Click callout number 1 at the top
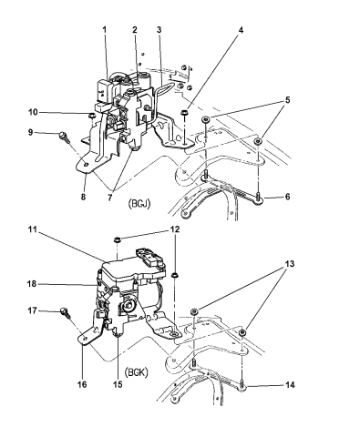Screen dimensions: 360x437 (x=104, y=30)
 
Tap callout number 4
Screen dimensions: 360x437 (x=241, y=30)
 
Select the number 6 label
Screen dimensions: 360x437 (x=287, y=197)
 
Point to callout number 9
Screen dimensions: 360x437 (x=30, y=132)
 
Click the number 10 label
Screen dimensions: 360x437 (x=33, y=112)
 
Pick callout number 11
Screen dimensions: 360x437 (x=33, y=229)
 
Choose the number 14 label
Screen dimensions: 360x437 (x=290, y=385)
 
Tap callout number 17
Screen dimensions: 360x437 (x=32, y=310)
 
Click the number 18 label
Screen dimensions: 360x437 (x=32, y=284)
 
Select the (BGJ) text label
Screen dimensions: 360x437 (x=138, y=204)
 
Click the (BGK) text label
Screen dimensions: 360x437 (x=137, y=372)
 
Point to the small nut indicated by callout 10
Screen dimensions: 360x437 (x=90, y=115)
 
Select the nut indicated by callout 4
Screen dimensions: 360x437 (x=183, y=113)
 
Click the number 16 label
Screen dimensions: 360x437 (x=82, y=384)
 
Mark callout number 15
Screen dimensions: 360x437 (x=118, y=384)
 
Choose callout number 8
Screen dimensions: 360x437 (x=83, y=197)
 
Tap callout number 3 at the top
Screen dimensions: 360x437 (x=159, y=30)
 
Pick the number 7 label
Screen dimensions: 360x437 (x=109, y=198)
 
